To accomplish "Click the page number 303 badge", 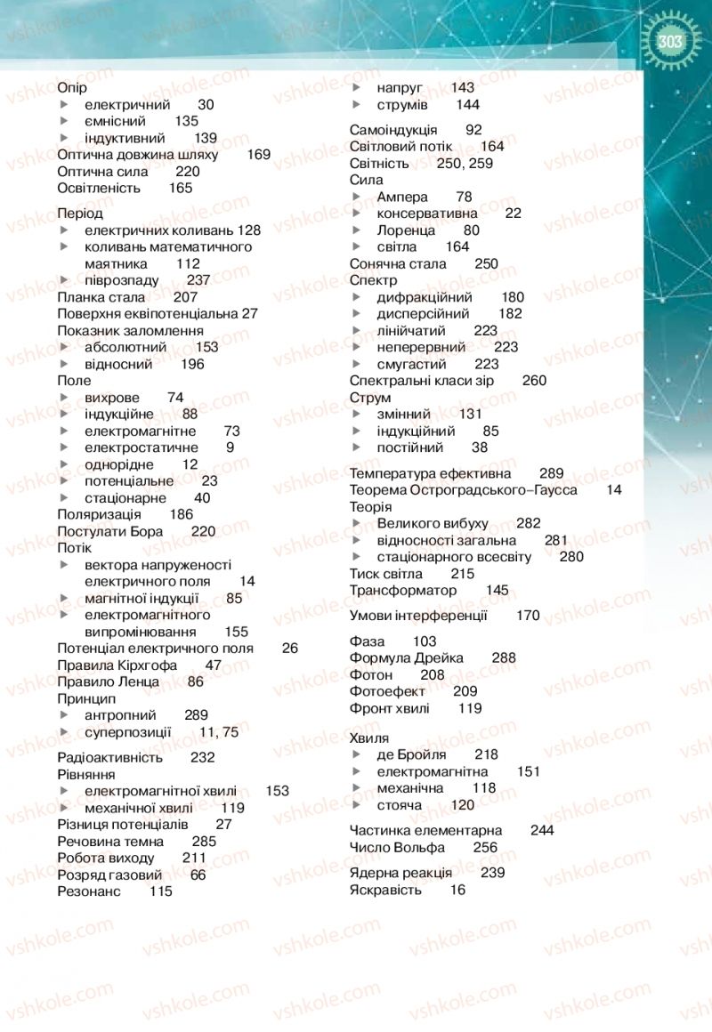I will [669, 43].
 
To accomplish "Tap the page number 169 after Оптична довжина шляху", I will [259, 155].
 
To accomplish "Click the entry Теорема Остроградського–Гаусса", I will [463, 490].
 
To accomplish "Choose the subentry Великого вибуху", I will [433, 523].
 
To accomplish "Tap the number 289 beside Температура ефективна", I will [552, 473].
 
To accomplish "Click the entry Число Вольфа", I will [396, 847].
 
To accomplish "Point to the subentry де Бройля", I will [411, 754].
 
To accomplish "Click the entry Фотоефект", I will [387, 691].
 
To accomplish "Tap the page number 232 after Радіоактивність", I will [203, 758].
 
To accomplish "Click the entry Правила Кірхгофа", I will [117, 665].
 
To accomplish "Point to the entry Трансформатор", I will [402, 591].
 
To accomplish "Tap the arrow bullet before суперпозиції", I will [64, 732].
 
